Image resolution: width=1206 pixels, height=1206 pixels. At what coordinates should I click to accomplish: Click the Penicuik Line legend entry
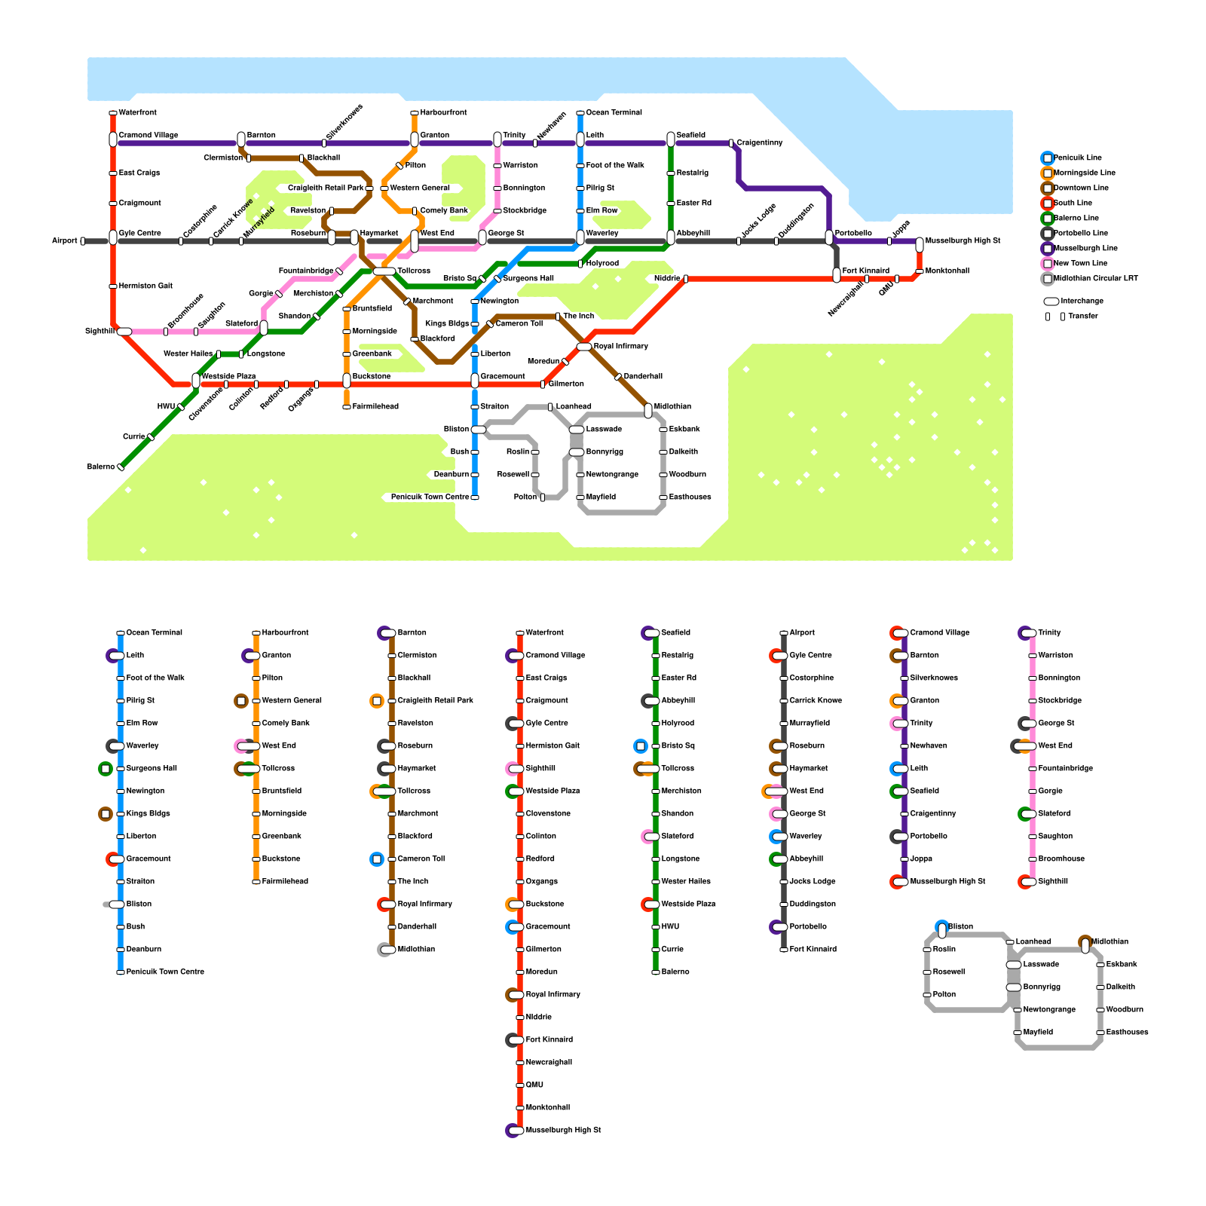(1071, 158)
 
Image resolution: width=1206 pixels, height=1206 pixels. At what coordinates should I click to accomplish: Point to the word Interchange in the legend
(1082, 301)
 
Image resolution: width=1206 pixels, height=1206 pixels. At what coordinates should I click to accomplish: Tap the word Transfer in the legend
(1083, 317)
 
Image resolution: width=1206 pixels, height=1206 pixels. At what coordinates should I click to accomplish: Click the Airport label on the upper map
(65, 241)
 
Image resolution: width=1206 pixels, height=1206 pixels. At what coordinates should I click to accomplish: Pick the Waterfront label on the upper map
(138, 113)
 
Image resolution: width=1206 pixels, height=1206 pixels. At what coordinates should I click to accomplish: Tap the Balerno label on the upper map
(101, 467)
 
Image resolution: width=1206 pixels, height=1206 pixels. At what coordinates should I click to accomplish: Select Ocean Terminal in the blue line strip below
(155, 633)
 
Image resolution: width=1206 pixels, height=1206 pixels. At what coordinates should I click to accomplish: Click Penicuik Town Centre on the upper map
(430, 497)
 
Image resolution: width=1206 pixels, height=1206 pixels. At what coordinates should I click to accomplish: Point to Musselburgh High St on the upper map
(963, 241)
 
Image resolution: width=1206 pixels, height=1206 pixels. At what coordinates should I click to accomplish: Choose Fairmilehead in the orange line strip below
(285, 882)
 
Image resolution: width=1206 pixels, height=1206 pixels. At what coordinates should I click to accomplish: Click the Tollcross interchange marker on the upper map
(384, 271)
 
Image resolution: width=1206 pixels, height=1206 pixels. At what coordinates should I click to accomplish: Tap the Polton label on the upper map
(525, 497)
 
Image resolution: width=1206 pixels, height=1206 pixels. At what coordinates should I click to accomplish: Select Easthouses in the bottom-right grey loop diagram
(1127, 1033)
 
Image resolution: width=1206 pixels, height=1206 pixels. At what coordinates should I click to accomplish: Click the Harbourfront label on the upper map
(443, 113)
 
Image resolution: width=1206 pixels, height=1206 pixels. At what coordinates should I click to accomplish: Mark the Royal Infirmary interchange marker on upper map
(584, 347)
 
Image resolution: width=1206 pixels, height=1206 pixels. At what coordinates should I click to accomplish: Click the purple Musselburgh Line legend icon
(1048, 249)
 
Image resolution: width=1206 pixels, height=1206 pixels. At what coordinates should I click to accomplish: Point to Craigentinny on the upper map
(760, 143)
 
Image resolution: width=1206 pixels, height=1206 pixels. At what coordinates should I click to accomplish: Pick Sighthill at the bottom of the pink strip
(1053, 882)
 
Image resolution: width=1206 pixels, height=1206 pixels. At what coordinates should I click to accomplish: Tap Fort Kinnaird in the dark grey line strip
(813, 950)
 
